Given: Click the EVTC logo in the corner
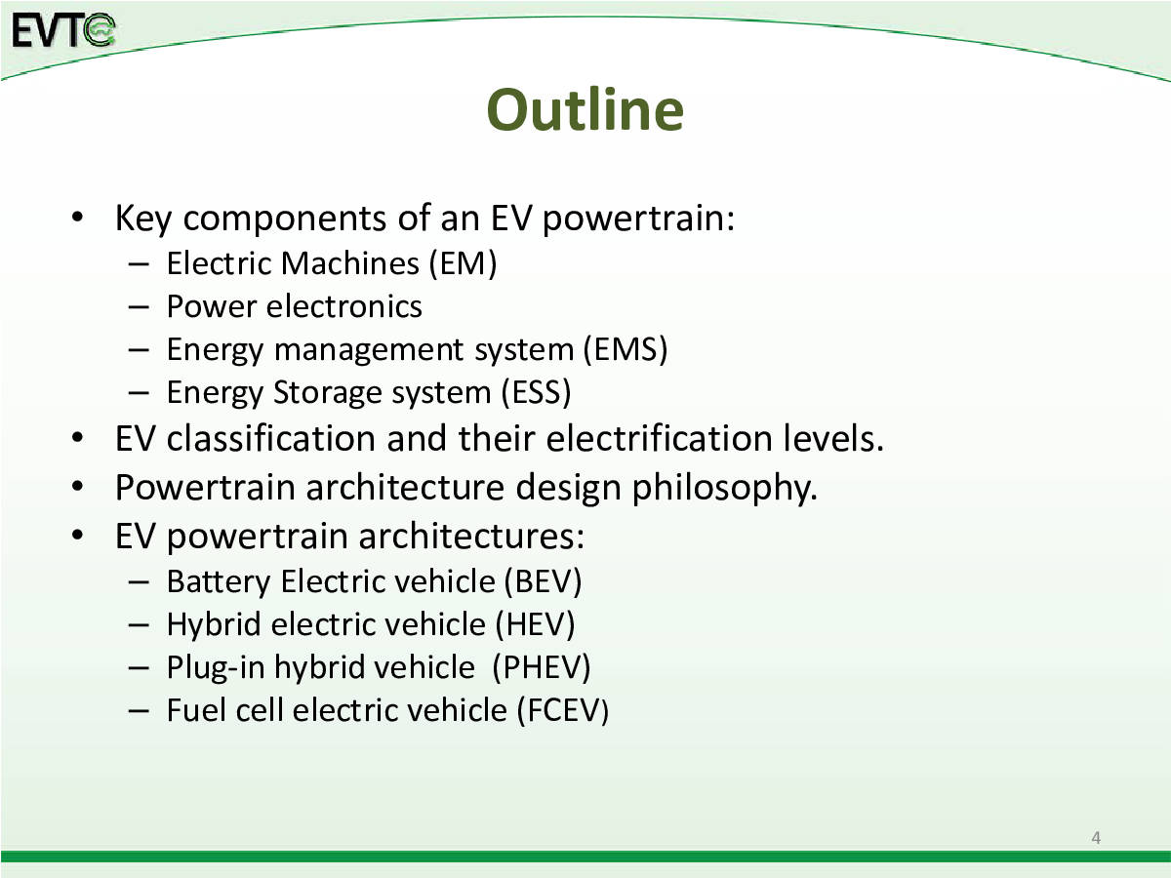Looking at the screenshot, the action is pos(63,30).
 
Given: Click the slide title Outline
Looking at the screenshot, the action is pos(585,109).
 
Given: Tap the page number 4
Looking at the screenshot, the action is pos(1096,837).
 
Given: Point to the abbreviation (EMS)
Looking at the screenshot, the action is pos(625,349).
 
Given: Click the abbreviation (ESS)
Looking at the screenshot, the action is pos(536,392).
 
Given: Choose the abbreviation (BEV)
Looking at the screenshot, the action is pos(543,581).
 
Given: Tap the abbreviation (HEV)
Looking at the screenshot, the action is pos(535,624).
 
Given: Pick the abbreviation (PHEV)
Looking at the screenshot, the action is pos(542,667).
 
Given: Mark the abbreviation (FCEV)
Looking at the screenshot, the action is pos(562,710).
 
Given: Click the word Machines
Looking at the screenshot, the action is pos(350,263).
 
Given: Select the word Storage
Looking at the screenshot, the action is pos(328,393).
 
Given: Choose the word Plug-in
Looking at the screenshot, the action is pos(216,668).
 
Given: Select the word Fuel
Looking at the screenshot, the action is pos(196,710).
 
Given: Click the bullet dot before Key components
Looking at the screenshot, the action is pos(78,218).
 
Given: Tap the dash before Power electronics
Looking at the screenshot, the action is pos(139,307).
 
